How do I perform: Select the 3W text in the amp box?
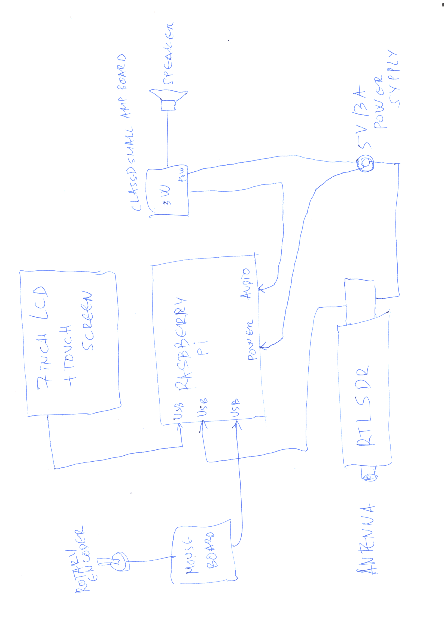[166, 195]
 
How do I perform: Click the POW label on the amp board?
[182, 174]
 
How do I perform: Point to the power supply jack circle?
[365, 163]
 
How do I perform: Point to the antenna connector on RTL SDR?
[369, 477]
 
